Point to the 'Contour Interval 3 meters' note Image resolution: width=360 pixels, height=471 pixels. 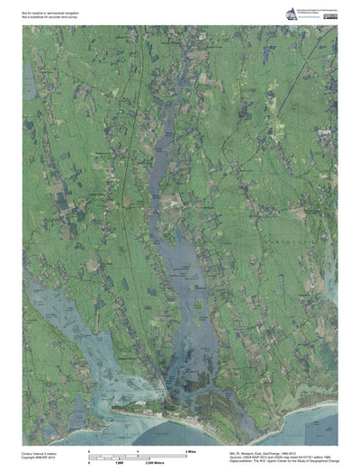click(x=40, y=454)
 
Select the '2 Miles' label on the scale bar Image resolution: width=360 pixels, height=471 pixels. click(x=191, y=448)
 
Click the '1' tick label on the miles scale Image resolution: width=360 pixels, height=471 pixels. click(x=137, y=448)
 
